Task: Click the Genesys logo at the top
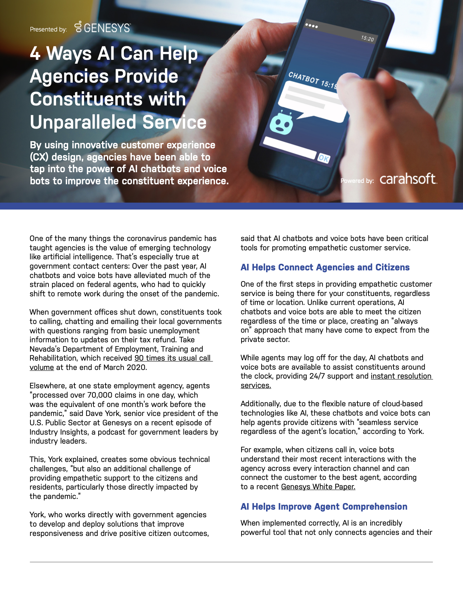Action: [103, 27]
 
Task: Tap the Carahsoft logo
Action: [408, 179]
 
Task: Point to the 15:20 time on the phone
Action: [367, 38]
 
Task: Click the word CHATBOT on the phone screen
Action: [303, 78]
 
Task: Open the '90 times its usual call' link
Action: [173, 358]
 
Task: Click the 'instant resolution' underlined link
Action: [401, 376]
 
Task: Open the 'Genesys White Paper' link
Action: [318, 487]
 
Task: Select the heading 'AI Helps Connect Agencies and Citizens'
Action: [325, 267]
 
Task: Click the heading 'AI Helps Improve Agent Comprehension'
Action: [324, 507]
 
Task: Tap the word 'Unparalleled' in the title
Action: [83, 122]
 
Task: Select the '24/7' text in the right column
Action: [317, 376]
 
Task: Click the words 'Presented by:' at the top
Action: [48, 29]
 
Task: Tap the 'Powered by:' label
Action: [357, 180]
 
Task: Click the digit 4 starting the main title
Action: [35, 54]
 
